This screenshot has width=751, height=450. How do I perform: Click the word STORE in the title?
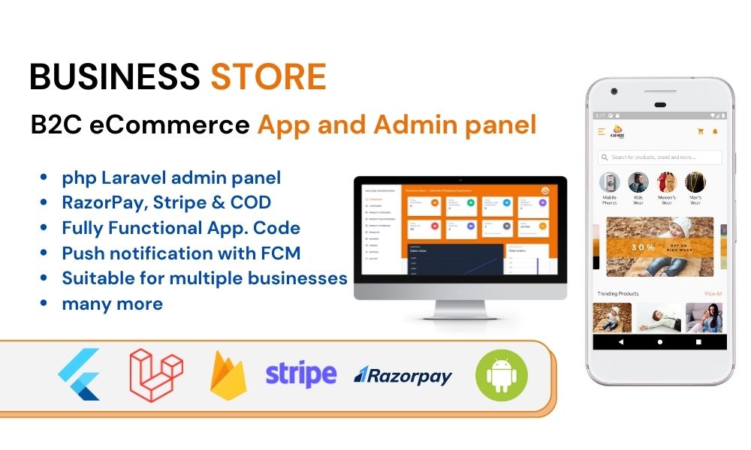point(268,76)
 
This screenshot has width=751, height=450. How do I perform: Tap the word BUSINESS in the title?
point(115,76)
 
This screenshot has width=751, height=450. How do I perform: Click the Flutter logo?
point(80,374)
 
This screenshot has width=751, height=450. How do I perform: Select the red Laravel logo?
point(156,374)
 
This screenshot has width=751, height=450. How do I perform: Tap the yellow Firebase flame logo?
point(228,374)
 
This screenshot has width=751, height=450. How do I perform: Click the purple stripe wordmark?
point(300,373)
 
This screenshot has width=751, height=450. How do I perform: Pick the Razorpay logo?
point(403,374)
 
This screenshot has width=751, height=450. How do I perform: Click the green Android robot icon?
point(502,374)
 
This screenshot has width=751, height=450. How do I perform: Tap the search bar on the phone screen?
point(659,157)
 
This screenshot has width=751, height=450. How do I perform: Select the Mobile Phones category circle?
point(610,183)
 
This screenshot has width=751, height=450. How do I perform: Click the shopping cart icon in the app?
point(701,131)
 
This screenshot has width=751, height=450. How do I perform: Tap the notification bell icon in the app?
point(715,131)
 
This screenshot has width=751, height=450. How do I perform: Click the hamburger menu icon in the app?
point(602,131)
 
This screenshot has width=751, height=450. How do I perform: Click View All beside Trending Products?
point(713,293)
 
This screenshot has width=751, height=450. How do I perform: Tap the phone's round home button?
point(659,341)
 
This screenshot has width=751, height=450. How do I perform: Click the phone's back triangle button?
point(621,341)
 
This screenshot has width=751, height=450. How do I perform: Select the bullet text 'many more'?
point(113,304)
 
